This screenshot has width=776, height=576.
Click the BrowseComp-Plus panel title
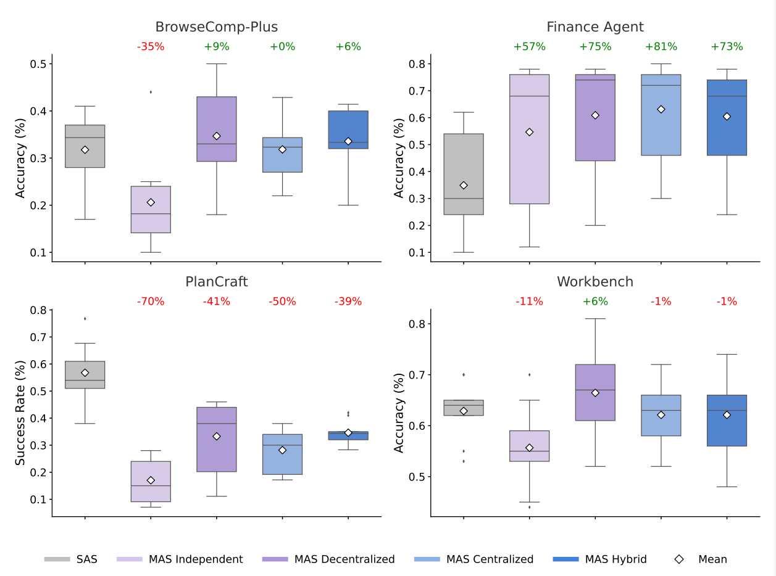216,27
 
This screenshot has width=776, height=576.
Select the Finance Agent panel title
595,27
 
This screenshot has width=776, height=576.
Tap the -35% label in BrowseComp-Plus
151,47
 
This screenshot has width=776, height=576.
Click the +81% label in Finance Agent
661,47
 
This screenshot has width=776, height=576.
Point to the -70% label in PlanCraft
151,302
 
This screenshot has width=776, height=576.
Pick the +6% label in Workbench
595,302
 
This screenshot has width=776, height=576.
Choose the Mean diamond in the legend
679,559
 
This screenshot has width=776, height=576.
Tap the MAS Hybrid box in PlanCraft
348,435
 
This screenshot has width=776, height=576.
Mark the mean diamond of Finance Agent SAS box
464,185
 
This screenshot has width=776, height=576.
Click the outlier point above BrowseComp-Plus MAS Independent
151,92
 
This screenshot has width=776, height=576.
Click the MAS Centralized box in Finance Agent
661,115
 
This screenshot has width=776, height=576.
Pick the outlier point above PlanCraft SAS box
85,318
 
